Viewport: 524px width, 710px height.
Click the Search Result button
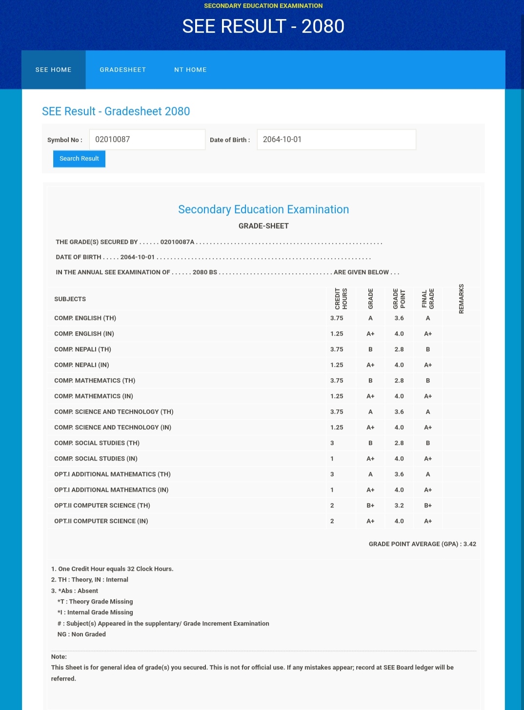click(79, 159)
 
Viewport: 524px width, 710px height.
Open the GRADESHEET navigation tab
click(123, 70)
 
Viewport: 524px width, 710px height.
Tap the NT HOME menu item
click(190, 70)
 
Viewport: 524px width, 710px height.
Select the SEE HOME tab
click(54, 70)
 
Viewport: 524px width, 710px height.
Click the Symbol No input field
click(147, 140)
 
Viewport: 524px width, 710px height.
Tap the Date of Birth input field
click(336, 140)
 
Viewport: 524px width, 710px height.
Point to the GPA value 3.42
click(470, 544)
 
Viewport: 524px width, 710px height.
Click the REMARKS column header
click(461, 299)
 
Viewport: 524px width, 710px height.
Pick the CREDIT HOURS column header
click(341, 299)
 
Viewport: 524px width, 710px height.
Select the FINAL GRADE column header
click(428, 299)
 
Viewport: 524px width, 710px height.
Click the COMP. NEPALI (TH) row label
click(82, 349)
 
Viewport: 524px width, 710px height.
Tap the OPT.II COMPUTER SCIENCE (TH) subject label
click(102, 506)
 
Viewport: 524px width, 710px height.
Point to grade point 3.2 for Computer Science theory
click(399, 506)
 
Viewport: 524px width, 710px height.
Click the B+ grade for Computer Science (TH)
click(370, 506)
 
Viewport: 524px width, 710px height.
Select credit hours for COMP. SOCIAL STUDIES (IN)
click(332, 459)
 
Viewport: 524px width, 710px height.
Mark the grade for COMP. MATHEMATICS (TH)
click(370, 381)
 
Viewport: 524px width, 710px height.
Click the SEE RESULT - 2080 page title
click(263, 26)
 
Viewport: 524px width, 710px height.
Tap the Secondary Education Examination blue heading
click(263, 209)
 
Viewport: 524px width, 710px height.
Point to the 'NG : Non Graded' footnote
click(81, 634)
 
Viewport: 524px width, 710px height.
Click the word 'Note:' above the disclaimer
click(59, 657)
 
